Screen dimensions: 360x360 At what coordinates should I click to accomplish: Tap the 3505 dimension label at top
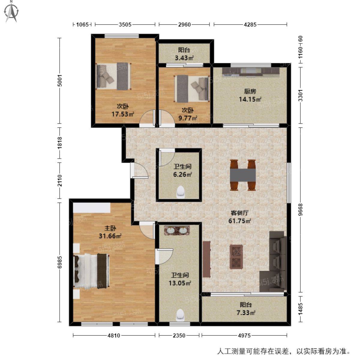(x=125, y=25)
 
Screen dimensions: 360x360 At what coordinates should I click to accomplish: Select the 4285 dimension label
(x=250, y=25)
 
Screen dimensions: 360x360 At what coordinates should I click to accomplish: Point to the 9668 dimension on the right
(x=301, y=209)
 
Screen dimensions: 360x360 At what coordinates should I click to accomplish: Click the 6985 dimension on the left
(x=60, y=262)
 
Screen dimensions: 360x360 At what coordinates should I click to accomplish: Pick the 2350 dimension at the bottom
(x=179, y=335)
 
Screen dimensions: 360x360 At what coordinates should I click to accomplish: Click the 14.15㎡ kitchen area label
(x=250, y=99)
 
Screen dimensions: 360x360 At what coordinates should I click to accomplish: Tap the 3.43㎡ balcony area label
(x=184, y=58)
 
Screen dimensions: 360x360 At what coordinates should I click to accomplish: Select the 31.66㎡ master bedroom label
(x=110, y=236)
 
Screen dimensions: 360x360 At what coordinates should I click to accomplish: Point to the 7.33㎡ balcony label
(x=246, y=313)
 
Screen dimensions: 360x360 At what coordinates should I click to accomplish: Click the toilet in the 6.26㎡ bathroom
(x=181, y=192)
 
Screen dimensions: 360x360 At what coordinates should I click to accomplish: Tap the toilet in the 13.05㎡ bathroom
(x=180, y=315)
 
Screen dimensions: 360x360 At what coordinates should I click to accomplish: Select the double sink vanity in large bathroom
(x=177, y=230)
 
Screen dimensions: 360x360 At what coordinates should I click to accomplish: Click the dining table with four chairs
(x=243, y=175)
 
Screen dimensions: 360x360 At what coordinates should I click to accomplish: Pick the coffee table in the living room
(x=236, y=256)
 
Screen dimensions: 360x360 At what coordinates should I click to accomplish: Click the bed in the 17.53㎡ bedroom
(x=114, y=76)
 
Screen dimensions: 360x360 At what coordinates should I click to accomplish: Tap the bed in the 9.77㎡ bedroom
(x=192, y=88)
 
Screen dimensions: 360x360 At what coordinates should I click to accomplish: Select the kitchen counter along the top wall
(x=251, y=71)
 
